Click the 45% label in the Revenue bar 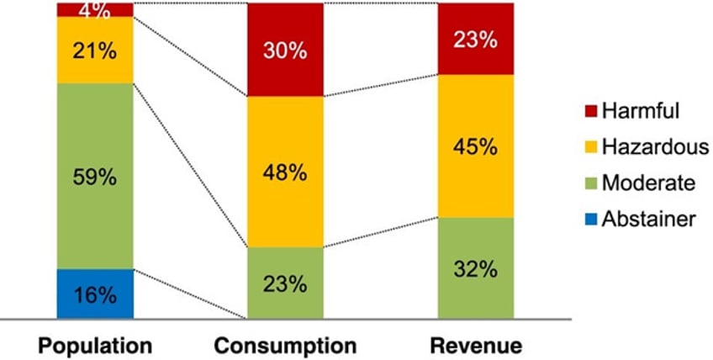[x=475, y=146]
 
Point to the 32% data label [x=475, y=270]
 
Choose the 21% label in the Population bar [x=94, y=50]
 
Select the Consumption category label [x=285, y=346]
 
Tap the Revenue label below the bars [x=475, y=346]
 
